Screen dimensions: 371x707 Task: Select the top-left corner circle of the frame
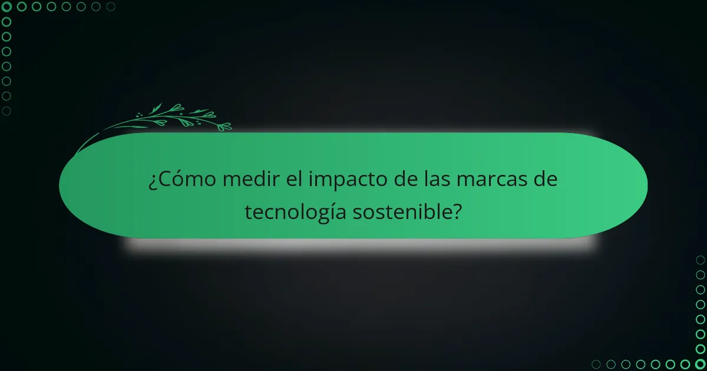pyautogui.click(x=6, y=6)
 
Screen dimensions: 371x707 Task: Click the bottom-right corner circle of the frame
pyautogui.click(x=700, y=364)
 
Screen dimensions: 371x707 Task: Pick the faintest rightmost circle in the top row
pyautogui.click(x=110, y=6)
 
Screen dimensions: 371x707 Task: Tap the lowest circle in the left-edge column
pyautogui.click(x=6, y=111)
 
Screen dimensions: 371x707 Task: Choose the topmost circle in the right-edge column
pyautogui.click(x=700, y=260)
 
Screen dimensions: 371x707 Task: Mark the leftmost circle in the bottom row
pyautogui.click(x=596, y=364)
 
